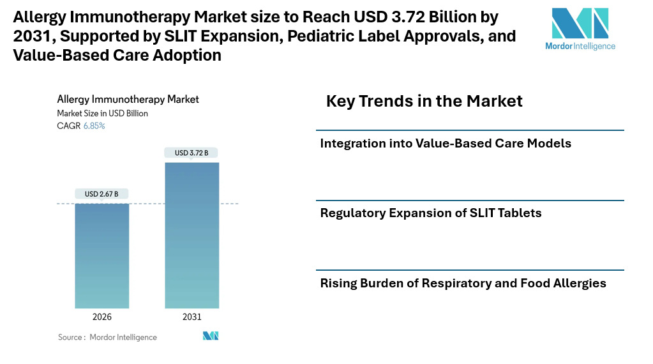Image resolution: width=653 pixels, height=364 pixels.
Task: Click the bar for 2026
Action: (102, 255)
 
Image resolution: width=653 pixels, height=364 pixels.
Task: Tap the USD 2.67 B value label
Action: (101, 194)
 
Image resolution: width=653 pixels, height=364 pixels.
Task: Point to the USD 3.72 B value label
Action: (191, 153)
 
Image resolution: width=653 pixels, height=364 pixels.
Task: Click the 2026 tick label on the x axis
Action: (102, 317)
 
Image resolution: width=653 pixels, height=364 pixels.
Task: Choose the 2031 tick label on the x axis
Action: (191, 317)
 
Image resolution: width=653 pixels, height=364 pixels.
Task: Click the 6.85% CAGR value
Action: (94, 126)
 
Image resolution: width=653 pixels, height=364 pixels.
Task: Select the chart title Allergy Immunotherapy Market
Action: (128, 100)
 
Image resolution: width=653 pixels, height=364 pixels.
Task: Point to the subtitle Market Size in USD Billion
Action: (102, 113)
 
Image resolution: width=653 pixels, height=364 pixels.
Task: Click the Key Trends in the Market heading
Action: (424, 101)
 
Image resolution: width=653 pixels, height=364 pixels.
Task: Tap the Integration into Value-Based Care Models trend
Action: (446, 143)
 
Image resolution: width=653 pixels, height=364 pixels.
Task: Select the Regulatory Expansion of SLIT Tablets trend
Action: (431, 213)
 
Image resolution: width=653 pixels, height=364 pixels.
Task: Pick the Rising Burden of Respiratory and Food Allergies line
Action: (463, 283)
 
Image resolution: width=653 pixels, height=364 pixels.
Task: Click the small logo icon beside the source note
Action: (211, 336)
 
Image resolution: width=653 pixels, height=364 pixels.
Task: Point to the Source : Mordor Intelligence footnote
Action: (107, 337)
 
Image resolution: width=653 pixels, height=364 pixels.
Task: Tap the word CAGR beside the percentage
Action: (69, 126)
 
